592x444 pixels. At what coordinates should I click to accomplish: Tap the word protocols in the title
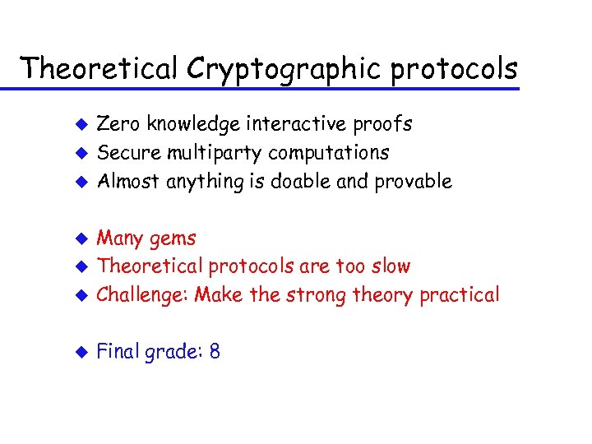point(454,69)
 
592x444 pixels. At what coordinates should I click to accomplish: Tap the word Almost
point(129,182)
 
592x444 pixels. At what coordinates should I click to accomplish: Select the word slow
point(390,266)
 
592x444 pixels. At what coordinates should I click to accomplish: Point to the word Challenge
point(141,295)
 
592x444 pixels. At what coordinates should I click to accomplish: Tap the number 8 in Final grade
point(215,352)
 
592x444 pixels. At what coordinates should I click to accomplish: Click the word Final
point(118,352)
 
